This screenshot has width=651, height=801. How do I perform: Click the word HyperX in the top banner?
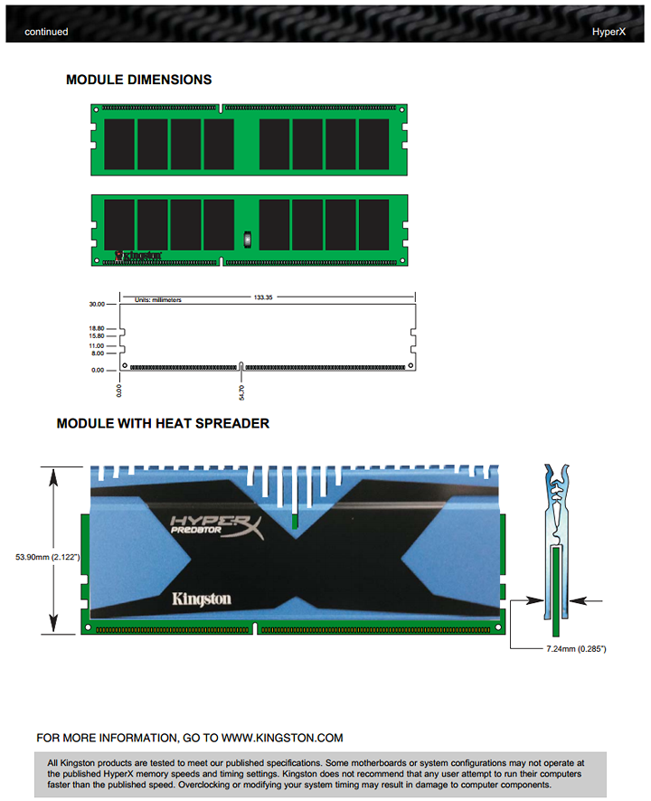pyautogui.click(x=609, y=32)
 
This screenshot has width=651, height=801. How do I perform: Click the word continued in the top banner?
pyautogui.click(x=46, y=32)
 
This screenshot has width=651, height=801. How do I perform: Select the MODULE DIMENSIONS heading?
pyautogui.click(x=139, y=80)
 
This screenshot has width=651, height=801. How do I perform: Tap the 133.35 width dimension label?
pyautogui.click(x=263, y=297)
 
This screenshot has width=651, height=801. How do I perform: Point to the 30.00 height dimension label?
pyautogui.click(x=97, y=304)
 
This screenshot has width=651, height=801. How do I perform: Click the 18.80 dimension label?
pyautogui.click(x=97, y=328)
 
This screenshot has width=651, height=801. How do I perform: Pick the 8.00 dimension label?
pyautogui.click(x=98, y=353)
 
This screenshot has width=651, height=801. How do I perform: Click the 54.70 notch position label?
pyautogui.click(x=241, y=392)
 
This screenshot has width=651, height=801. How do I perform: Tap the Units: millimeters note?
pyautogui.click(x=158, y=300)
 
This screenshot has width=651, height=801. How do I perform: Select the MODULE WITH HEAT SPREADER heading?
pyautogui.click(x=163, y=423)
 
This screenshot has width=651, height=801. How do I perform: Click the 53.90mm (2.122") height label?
pyautogui.click(x=48, y=557)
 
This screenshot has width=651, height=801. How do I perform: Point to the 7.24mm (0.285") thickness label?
pyautogui.click(x=576, y=649)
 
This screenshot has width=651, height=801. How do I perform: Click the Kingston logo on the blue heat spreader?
pyautogui.click(x=202, y=599)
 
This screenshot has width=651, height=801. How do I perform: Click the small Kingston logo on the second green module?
pyautogui.click(x=138, y=256)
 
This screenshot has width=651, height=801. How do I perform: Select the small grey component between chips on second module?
pyautogui.click(x=248, y=239)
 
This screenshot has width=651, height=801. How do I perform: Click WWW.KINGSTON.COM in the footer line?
pyautogui.click(x=282, y=738)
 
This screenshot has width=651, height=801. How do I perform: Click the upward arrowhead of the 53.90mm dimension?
pyautogui.click(x=53, y=476)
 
